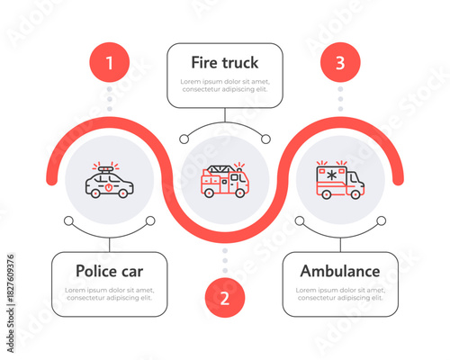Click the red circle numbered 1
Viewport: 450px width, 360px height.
(110, 63)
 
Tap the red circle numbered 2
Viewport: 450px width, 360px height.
(225, 298)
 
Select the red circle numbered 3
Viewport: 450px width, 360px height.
(339, 63)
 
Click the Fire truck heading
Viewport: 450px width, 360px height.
(225, 63)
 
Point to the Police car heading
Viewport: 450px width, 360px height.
(110, 271)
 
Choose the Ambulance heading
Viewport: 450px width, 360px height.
(339, 271)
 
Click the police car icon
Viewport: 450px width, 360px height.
(110, 183)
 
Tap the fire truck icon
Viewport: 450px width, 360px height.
(225, 181)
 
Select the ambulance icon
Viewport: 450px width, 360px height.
(339, 180)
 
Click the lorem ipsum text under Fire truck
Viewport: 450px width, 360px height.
(225, 85)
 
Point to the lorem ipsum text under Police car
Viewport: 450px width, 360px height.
(110, 293)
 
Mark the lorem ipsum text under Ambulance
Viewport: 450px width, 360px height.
(339, 293)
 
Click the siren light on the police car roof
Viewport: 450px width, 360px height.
(108, 168)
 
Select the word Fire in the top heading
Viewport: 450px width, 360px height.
(204, 63)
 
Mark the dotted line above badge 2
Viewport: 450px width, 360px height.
(225, 261)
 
